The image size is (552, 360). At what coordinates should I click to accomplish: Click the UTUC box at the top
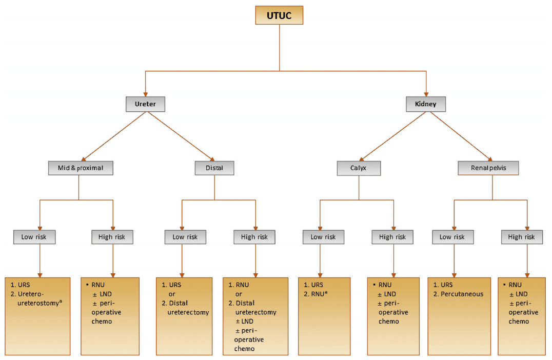(279, 15)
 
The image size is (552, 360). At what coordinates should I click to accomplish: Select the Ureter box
(145, 105)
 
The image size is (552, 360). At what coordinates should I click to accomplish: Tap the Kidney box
(426, 105)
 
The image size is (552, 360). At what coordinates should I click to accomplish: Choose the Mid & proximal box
(81, 168)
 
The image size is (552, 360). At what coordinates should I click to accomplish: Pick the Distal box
(214, 168)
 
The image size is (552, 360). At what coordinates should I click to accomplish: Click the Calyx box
(359, 168)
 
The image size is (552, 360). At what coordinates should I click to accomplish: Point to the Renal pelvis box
(488, 168)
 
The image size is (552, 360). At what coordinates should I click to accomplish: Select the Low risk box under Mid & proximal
(34, 237)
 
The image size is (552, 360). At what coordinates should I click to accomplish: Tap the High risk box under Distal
(254, 237)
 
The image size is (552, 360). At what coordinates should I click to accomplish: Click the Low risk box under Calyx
(323, 237)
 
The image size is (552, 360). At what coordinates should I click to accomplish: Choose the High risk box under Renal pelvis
(522, 237)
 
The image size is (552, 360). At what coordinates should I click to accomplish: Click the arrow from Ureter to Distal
(183, 138)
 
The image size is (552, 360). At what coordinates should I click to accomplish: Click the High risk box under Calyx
(392, 237)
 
